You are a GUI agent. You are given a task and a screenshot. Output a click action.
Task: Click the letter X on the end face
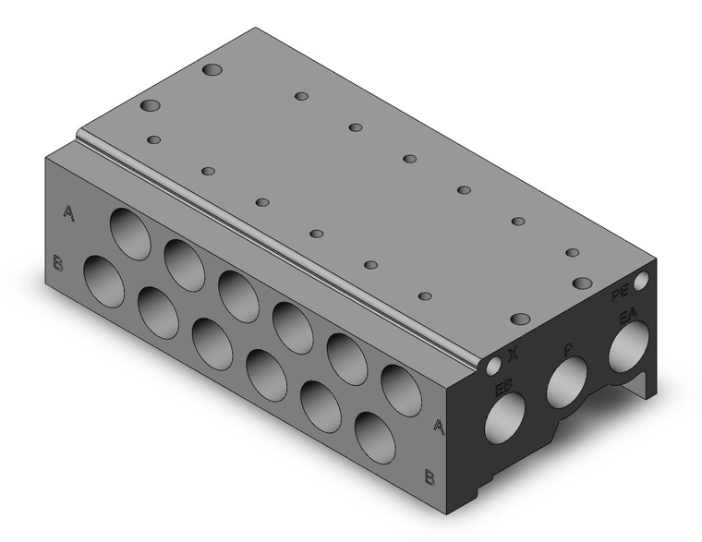tap(514, 353)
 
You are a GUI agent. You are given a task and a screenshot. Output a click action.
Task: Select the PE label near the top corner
tap(623, 295)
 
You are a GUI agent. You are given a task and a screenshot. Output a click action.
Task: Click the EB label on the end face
tap(503, 387)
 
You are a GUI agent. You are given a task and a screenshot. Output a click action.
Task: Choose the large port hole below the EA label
tap(632, 350)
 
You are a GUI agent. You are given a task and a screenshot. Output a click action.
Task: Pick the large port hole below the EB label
tap(506, 420)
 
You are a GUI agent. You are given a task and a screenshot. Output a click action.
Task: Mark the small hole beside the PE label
tap(643, 277)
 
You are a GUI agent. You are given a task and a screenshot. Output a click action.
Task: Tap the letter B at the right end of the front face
tap(429, 476)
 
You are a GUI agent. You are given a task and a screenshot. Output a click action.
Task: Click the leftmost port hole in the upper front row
tap(130, 230)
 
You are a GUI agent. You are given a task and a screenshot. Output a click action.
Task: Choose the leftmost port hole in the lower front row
tap(103, 280)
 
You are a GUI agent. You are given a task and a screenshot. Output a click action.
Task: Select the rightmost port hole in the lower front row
tap(374, 436)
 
